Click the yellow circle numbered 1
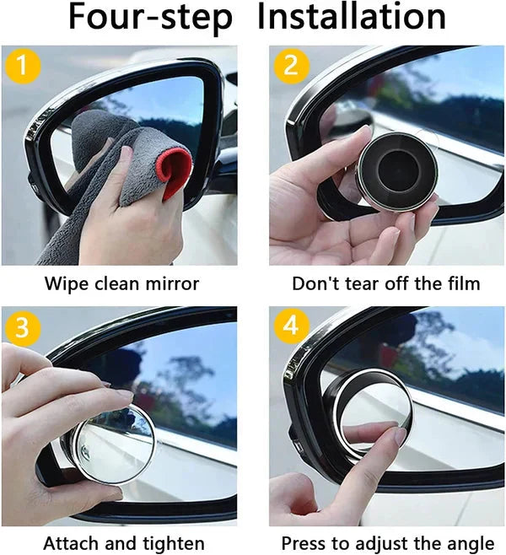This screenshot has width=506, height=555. (22, 66)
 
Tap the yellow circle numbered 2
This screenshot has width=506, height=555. (291, 66)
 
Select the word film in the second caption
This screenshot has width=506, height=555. (462, 283)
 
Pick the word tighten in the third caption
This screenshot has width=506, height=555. (174, 544)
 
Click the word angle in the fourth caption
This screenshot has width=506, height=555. (471, 544)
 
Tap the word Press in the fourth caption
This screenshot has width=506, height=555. (304, 544)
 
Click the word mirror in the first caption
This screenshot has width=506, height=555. (174, 283)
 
